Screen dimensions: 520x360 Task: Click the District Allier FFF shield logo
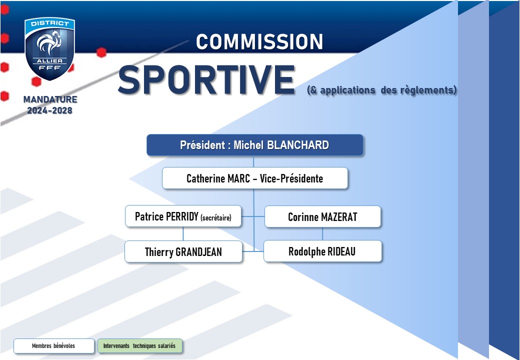49,48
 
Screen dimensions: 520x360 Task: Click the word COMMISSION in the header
259,42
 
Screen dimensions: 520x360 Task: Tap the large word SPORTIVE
206,80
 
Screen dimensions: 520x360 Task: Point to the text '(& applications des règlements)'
381,90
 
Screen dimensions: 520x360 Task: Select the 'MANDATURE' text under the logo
50,99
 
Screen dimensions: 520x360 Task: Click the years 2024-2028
49,110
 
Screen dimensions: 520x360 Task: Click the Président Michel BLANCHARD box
254,145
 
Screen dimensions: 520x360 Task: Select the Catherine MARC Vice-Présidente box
254,178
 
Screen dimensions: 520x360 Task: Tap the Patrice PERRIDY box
183,216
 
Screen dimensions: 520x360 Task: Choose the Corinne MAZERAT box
322,217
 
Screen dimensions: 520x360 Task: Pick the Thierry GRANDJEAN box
183,251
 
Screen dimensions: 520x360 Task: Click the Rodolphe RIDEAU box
322,251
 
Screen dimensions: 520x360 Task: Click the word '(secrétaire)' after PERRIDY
216,217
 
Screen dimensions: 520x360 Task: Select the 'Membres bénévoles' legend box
53,345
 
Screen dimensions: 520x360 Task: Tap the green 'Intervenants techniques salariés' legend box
139,345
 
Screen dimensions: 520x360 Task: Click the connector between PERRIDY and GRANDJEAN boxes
183,234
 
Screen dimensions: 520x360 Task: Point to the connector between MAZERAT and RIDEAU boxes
322,234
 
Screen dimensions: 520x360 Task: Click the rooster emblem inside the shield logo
49,42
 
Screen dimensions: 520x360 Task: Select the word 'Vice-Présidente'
291,178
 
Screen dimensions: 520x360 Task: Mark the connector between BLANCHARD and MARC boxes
253,162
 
